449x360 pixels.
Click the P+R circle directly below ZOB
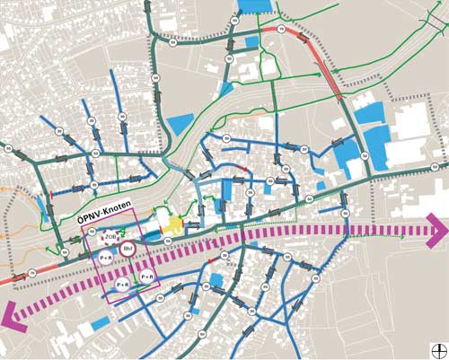coord(105,258)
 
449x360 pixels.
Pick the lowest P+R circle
coord(122,285)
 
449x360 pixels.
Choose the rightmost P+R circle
coord(146,277)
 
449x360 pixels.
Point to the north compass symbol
coord(438,349)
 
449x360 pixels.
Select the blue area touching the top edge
coord(253,6)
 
